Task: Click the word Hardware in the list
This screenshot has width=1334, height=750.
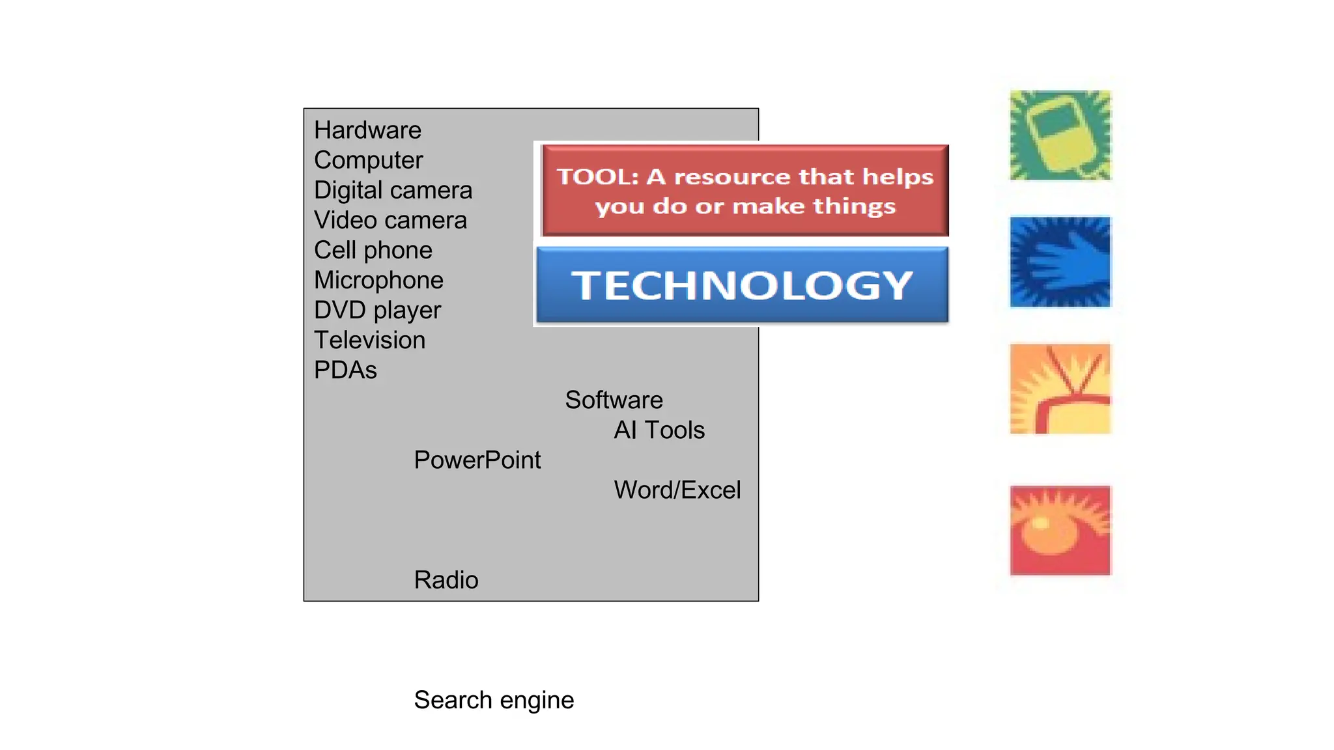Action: click(367, 130)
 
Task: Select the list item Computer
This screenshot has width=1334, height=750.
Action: click(368, 160)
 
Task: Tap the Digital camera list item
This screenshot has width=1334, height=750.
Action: click(393, 190)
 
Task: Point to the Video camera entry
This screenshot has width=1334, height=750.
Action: click(390, 220)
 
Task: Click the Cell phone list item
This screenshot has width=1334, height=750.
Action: click(373, 250)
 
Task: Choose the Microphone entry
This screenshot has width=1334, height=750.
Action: click(378, 280)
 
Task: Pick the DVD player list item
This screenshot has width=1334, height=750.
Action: click(377, 310)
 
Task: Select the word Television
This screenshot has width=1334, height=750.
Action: click(369, 340)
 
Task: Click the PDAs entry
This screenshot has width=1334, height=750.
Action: click(345, 370)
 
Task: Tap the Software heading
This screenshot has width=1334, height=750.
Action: click(614, 400)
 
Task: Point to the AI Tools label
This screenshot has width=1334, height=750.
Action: click(659, 430)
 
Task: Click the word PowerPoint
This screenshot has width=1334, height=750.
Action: click(477, 460)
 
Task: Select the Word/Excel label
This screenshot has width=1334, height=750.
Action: click(677, 490)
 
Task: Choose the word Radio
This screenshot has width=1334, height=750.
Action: click(446, 579)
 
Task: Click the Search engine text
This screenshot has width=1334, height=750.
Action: click(494, 700)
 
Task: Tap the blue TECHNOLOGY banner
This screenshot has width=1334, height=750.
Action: click(742, 285)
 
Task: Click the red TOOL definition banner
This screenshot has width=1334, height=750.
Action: click(745, 190)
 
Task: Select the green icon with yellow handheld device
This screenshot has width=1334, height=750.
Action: click(1060, 135)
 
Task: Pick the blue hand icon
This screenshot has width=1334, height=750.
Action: click(1060, 262)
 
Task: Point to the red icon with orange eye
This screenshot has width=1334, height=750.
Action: click(1060, 530)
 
